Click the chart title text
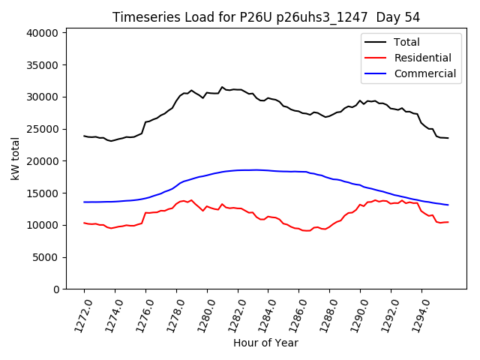click(x=266, y=17)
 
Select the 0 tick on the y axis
click(x=57, y=289)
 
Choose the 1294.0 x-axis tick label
click(x=417, y=311)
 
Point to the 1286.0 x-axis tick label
click(x=294, y=311)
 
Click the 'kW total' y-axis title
click(x=15, y=158)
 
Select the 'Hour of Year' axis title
click(x=265, y=343)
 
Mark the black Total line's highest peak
click(x=222, y=87)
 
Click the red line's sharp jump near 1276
click(x=145, y=213)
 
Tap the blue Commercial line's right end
click(x=448, y=205)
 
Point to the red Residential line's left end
click(x=84, y=223)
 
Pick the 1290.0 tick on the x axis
click(x=355, y=311)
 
